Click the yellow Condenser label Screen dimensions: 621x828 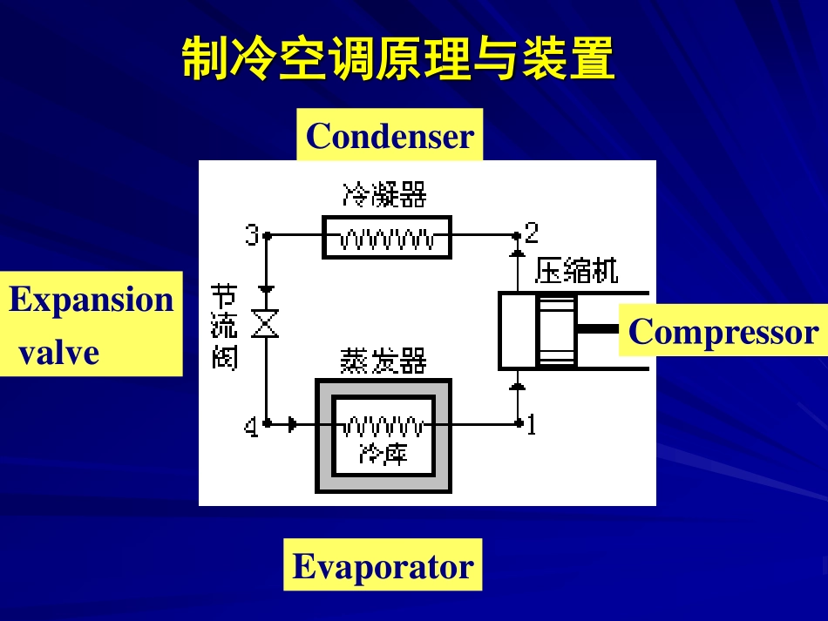390,136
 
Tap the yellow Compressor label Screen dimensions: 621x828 723,332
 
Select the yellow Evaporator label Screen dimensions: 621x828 383,566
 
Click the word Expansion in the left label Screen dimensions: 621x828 92,299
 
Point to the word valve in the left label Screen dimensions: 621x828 58,353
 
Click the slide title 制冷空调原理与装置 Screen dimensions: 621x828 398,60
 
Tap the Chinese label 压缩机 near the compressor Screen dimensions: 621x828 576,271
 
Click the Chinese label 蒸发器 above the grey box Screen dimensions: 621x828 383,359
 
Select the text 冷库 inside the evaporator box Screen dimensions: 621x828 383,453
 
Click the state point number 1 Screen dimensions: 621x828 532,424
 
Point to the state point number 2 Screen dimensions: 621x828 532,233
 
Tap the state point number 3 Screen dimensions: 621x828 252,235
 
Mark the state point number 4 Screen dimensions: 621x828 251,427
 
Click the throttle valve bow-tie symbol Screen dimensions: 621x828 266,324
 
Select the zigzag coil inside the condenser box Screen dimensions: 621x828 386,238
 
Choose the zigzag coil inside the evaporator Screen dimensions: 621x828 383,426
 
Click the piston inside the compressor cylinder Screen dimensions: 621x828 557,330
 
